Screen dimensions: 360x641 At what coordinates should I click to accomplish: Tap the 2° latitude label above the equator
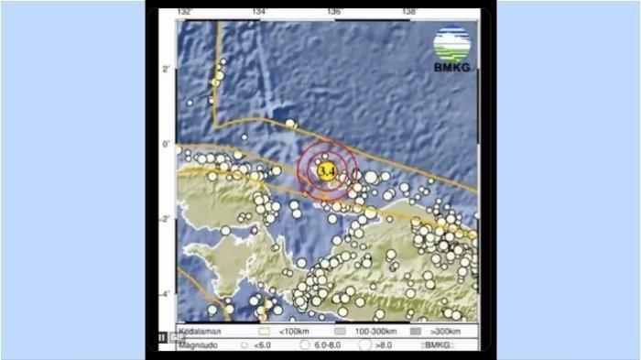click(x=168, y=70)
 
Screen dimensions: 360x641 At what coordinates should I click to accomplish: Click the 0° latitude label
click(x=168, y=144)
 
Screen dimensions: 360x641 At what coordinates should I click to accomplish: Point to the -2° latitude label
click(x=166, y=219)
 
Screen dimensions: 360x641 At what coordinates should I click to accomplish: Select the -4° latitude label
click(x=166, y=294)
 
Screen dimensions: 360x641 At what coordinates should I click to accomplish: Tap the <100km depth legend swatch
click(x=266, y=329)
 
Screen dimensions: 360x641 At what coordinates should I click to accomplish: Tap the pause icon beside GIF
click(x=162, y=337)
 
